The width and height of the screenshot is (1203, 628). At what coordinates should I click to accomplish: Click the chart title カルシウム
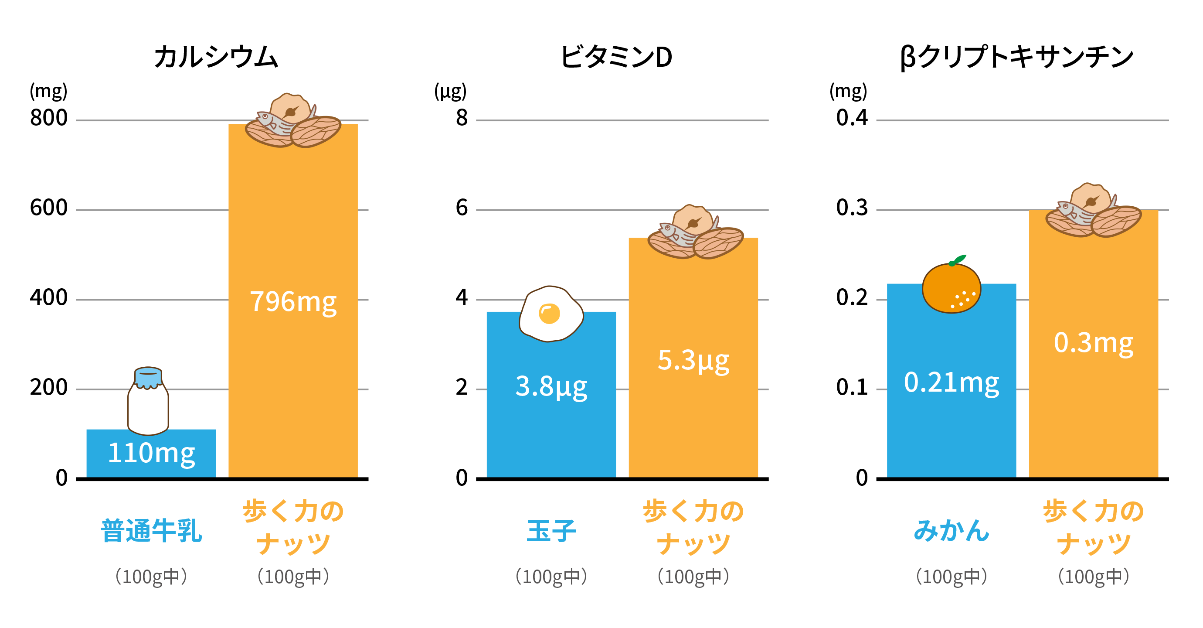coord(216,58)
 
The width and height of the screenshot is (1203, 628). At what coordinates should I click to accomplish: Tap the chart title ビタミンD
coord(616,58)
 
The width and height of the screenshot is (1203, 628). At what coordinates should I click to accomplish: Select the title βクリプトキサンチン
coord(1016,58)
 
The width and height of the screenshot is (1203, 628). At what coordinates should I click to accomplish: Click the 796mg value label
coord(293,301)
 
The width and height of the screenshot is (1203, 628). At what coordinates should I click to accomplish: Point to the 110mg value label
coord(151,453)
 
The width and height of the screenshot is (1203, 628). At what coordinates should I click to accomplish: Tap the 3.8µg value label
coord(551,387)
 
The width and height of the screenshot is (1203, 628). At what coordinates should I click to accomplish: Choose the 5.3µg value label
coord(693,360)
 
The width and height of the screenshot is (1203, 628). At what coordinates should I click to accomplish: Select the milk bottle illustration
coord(148,406)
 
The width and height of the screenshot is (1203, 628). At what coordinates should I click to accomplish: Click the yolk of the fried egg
coord(549,314)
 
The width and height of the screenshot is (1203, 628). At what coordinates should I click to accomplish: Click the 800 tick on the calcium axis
coord(48,118)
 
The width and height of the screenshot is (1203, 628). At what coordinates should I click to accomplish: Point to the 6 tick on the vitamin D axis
coord(462,208)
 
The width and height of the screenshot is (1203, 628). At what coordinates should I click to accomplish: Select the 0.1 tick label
coord(851,387)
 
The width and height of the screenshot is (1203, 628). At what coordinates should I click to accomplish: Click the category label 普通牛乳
coord(151,531)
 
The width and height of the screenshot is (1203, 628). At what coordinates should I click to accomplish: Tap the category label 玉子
coord(551,531)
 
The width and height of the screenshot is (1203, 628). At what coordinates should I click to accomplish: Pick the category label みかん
coord(951,531)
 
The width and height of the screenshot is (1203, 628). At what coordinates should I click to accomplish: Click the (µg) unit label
coord(450,91)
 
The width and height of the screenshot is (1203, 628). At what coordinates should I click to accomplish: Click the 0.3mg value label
coord(1093,342)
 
